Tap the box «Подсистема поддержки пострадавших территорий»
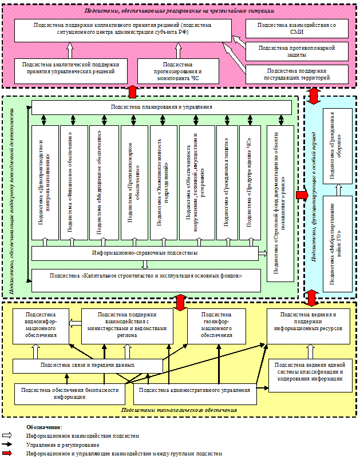click(x=298, y=73)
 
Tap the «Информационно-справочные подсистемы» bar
click(x=145, y=253)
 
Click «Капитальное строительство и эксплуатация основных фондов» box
click(x=146, y=276)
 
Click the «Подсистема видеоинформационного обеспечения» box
click(x=40, y=325)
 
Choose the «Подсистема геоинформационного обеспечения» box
click(x=217, y=325)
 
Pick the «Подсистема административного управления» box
click(x=195, y=391)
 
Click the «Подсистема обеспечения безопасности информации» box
click(x=70, y=394)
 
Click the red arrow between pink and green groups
click(x=133, y=92)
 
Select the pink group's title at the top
click(x=180, y=11)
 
